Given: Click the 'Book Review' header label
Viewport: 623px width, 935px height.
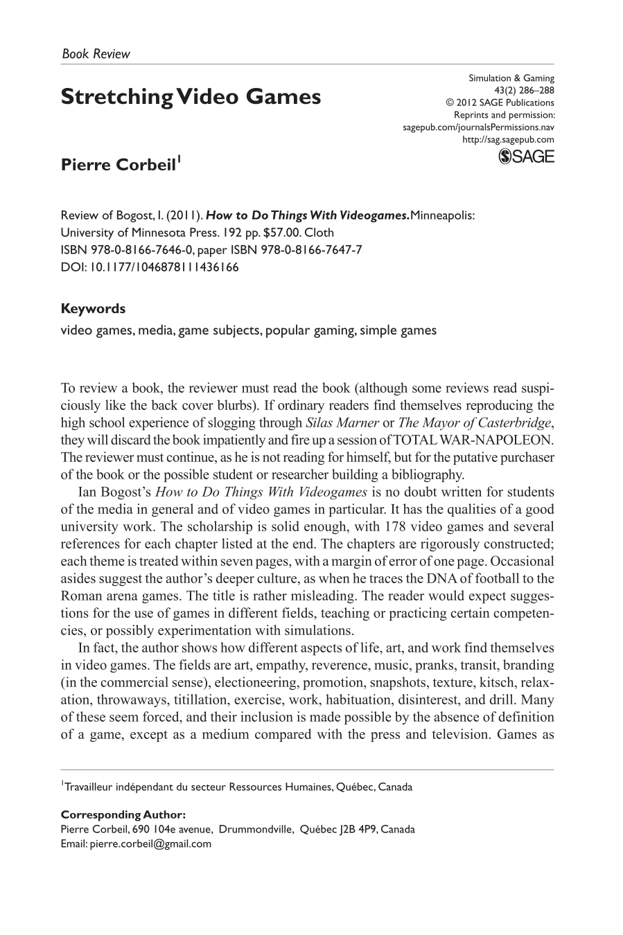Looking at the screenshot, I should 96,53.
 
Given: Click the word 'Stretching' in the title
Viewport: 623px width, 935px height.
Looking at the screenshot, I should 116,97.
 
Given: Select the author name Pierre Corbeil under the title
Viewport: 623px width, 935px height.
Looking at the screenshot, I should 119,166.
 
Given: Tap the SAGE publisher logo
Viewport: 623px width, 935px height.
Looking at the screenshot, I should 527,157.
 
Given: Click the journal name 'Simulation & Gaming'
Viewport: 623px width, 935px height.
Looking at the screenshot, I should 511,78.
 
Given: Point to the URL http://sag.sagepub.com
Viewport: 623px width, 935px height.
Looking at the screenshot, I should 508,139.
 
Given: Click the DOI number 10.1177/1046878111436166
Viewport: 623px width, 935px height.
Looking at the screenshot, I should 162,267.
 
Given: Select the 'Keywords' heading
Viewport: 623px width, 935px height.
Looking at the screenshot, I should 93,309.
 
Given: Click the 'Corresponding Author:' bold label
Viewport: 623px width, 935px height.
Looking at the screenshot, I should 123,815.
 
